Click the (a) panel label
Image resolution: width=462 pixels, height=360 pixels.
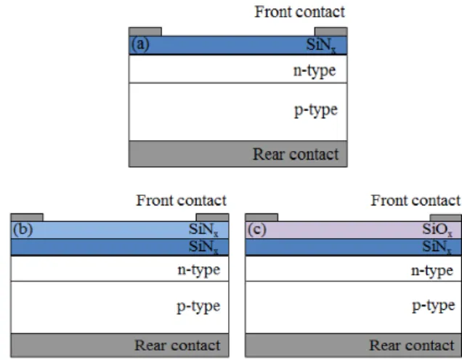click(x=140, y=44)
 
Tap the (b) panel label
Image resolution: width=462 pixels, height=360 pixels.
click(x=23, y=229)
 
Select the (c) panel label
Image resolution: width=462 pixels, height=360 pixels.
click(x=257, y=229)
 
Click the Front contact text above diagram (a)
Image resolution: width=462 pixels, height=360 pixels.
click(x=300, y=12)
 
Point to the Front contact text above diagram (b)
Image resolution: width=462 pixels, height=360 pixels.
click(x=181, y=200)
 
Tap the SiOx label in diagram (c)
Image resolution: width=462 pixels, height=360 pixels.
click(x=437, y=229)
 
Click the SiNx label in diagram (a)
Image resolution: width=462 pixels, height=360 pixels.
click(x=321, y=45)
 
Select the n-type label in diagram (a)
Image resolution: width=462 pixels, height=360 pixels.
click(x=315, y=71)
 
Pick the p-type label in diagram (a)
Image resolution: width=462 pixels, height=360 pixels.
click(x=316, y=110)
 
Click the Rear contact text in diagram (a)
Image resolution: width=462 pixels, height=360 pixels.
click(x=296, y=155)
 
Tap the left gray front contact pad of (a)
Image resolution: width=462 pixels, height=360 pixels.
click(x=145, y=32)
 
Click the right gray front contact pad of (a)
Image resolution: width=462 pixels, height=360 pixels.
click(x=331, y=32)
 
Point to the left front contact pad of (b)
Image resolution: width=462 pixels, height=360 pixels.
click(x=27, y=218)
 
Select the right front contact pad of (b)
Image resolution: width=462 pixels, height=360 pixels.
click(x=212, y=218)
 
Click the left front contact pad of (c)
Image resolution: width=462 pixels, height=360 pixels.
click(x=262, y=218)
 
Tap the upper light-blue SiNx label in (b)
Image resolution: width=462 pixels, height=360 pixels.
click(x=203, y=229)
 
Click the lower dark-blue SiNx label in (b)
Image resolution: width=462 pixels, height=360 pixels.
click(x=203, y=247)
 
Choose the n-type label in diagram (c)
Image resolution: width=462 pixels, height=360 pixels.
click(x=432, y=271)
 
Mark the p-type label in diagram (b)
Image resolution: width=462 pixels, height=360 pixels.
click(x=198, y=306)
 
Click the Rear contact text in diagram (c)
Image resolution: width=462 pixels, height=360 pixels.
click(x=412, y=345)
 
